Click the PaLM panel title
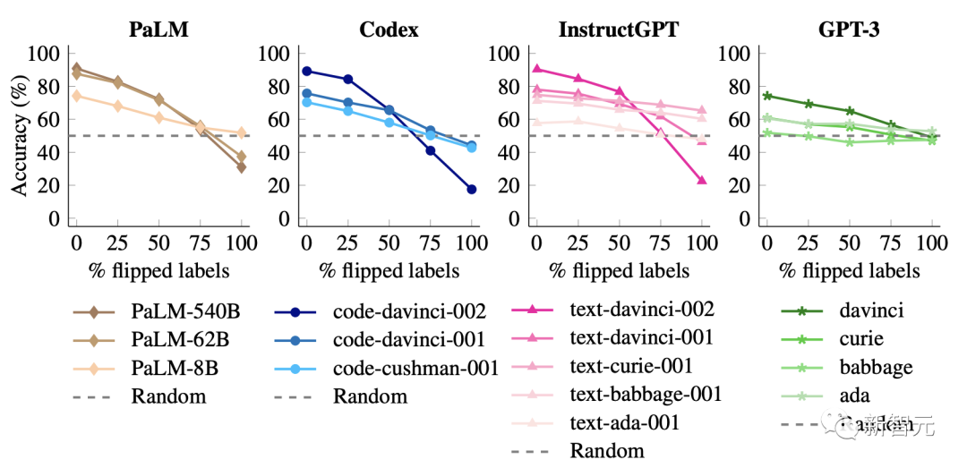(x=158, y=29)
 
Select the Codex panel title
(x=389, y=29)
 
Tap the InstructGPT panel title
(x=619, y=29)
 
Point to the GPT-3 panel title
(x=849, y=29)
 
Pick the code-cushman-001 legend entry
(x=415, y=369)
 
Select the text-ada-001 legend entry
(x=624, y=422)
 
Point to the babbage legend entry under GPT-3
(x=876, y=368)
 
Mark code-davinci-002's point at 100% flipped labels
(x=471, y=190)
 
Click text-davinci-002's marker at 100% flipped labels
(x=702, y=180)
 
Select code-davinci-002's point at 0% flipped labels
(x=306, y=71)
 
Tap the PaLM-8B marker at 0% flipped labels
(x=76, y=96)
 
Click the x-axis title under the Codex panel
(x=389, y=270)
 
